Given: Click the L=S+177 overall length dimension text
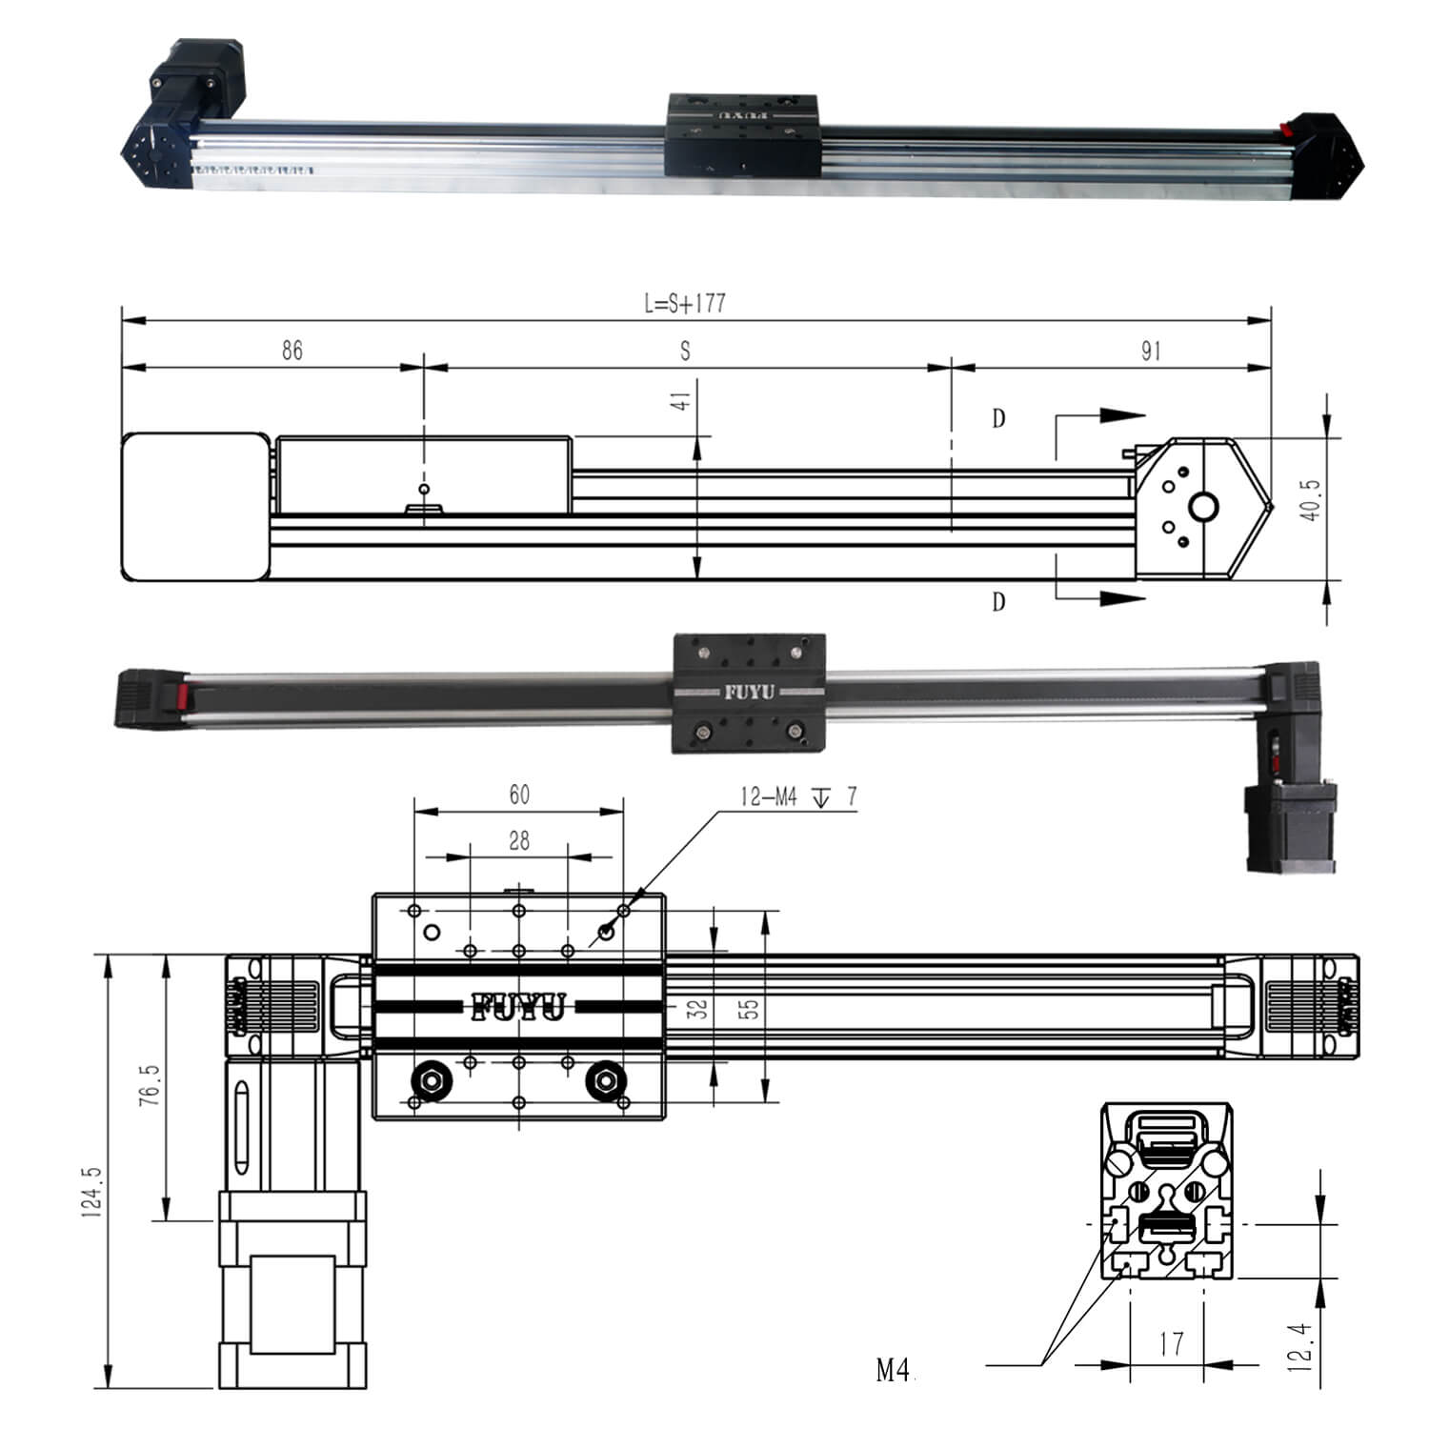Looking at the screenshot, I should click(684, 304).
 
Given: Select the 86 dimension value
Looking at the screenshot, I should click(292, 351).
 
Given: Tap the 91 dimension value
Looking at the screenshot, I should click(1151, 351).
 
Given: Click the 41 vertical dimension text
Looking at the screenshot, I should click(681, 400).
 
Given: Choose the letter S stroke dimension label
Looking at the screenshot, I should click(685, 351).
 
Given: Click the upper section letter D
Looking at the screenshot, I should click(998, 419).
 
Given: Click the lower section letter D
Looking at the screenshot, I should click(998, 602).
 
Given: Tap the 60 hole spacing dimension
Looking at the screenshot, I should click(519, 795).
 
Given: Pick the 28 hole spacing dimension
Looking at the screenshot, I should click(519, 840).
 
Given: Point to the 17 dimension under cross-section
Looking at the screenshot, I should click(1172, 1344).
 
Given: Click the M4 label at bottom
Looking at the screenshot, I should click(893, 1371).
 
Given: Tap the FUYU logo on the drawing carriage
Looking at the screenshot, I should click(518, 1007).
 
